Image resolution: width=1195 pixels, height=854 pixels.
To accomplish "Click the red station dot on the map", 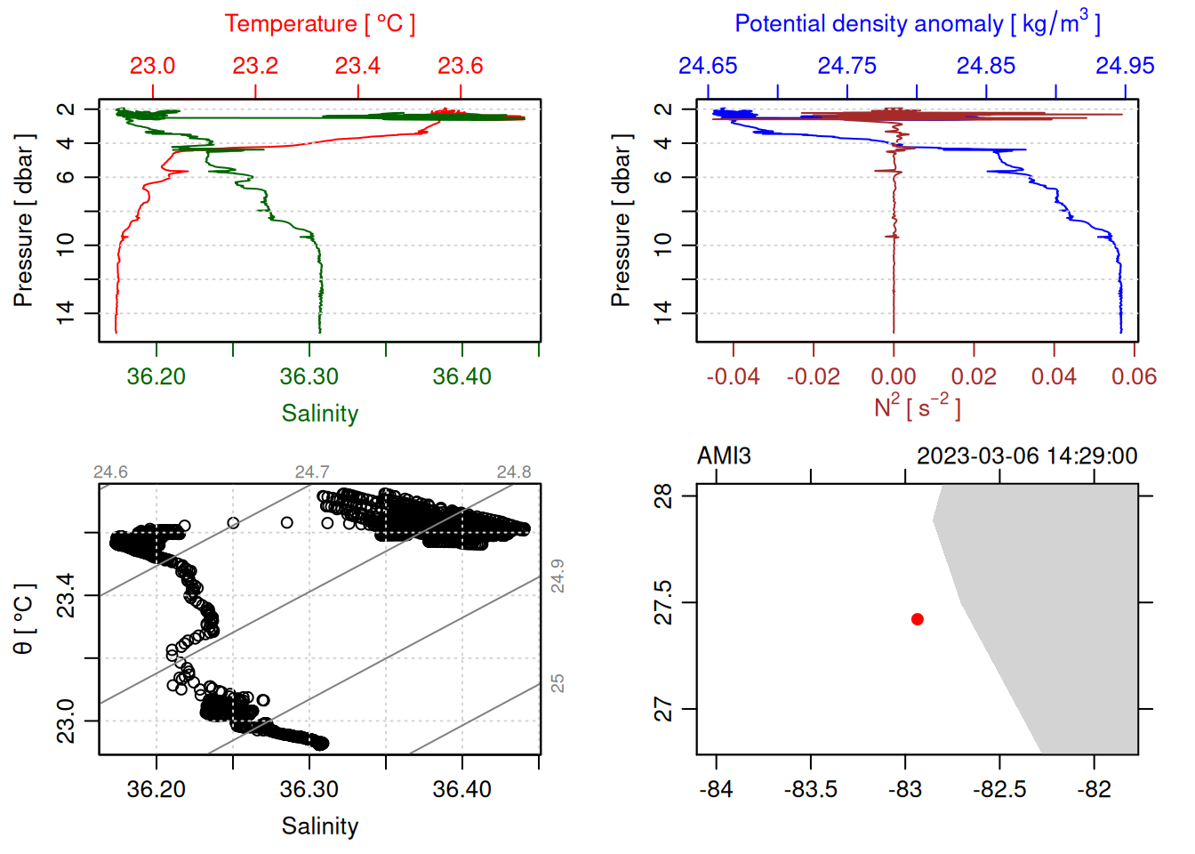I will (x=917, y=619).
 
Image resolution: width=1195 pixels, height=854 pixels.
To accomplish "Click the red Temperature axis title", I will (x=319, y=24).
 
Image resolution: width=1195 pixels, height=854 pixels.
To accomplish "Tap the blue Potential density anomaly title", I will (x=917, y=24).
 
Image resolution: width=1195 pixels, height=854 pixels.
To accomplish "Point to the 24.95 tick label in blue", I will (x=1125, y=66).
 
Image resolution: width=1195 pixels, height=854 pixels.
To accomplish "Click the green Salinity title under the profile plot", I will (x=319, y=414).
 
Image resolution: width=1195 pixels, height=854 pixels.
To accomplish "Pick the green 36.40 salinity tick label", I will (x=461, y=376).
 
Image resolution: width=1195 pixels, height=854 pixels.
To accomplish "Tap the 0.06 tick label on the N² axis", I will (x=1134, y=376).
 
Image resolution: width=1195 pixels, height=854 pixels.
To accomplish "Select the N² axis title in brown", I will (x=917, y=407).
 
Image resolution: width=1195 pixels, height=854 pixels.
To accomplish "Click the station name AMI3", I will (x=724, y=456).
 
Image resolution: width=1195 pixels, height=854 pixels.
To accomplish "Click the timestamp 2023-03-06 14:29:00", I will (x=1027, y=456).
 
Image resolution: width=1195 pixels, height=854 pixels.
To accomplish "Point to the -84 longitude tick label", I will (x=716, y=789).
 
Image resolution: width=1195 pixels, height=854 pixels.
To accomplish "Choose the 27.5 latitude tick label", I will (x=663, y=603).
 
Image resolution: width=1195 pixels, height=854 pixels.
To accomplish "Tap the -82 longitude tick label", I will (x=1094, y=789).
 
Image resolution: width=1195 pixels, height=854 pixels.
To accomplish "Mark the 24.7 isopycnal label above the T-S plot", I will (x=312, y=472).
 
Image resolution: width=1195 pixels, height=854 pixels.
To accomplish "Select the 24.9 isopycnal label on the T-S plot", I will (x=557, y=576).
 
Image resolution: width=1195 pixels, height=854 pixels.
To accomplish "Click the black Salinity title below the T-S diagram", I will (x=319, y=826).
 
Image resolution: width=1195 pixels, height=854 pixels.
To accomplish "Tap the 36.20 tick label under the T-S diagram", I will (x=156, y=789).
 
